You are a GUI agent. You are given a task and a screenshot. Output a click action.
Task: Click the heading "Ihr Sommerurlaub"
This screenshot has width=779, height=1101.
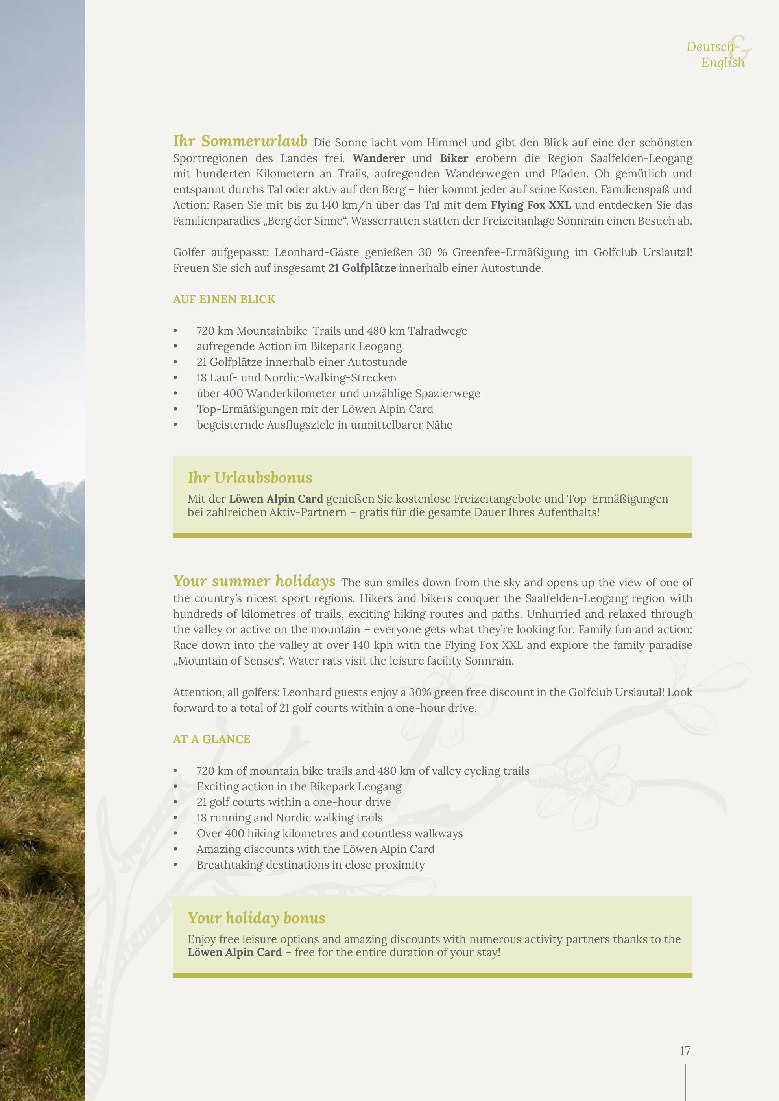click(240, 142)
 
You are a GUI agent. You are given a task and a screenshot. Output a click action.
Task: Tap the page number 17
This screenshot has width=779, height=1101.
click(685, 1051)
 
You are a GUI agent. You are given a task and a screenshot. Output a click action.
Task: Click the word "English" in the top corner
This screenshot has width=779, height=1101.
click(722, 63)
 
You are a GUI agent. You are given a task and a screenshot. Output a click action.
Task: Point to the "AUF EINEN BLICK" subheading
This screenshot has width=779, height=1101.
click(224, 299)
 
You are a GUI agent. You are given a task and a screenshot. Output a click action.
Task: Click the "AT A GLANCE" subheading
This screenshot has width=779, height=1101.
click(212, 739)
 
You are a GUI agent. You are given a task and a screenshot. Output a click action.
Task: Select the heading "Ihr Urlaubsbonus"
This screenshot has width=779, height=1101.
click(250, 478)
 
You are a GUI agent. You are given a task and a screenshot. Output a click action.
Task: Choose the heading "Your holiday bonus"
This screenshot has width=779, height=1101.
click(256, 918)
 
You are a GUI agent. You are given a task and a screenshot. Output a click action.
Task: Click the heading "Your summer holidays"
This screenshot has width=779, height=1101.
click(254, 581)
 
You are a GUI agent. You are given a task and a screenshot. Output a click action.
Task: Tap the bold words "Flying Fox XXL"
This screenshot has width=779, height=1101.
click(530, 205)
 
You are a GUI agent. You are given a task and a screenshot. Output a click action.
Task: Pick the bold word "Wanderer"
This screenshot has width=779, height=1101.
click(378, 158)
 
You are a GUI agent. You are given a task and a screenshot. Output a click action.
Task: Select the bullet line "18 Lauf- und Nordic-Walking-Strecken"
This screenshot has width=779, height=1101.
click(296, 378)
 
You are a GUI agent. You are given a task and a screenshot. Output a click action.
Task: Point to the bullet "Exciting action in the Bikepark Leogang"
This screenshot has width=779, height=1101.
click(299, 786)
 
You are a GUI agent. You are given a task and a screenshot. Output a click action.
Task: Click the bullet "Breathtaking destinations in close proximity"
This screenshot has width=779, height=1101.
click(310, 865)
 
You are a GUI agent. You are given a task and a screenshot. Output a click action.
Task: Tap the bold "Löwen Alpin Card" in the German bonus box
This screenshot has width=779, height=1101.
click(276, 499)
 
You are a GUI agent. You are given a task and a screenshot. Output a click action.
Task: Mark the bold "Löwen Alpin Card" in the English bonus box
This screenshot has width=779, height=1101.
click(234, 952)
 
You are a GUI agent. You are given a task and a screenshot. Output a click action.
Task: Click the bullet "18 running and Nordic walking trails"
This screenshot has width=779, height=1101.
click(289, 817)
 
